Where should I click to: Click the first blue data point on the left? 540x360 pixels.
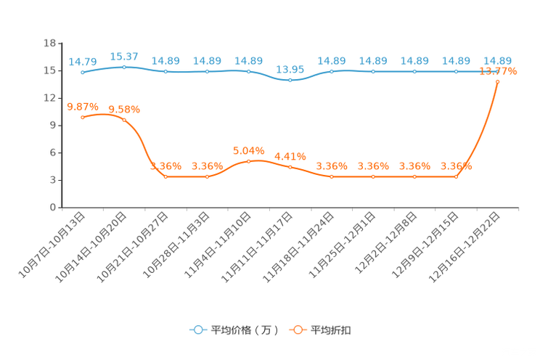pos(83,73)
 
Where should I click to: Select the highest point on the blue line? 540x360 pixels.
pos(124,67)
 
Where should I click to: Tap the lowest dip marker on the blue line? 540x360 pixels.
pos(290,79)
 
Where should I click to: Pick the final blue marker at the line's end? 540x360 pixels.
pos(497,71)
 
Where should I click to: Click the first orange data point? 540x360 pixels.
pos(83,117)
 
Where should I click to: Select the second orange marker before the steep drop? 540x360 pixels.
pos(124,120)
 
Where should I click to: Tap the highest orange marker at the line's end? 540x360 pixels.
pos(497,82)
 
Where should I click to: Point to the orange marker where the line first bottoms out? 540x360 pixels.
pos(166,176)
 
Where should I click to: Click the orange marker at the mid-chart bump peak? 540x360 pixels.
pos(249,160)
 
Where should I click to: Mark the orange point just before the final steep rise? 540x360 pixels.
pos(456,176)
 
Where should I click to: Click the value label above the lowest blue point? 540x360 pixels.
pos(290,69)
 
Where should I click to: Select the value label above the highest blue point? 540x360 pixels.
pos(124,57)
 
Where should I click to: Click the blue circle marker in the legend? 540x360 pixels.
pos(197,330)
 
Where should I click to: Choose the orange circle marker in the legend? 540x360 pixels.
pos(298,330)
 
